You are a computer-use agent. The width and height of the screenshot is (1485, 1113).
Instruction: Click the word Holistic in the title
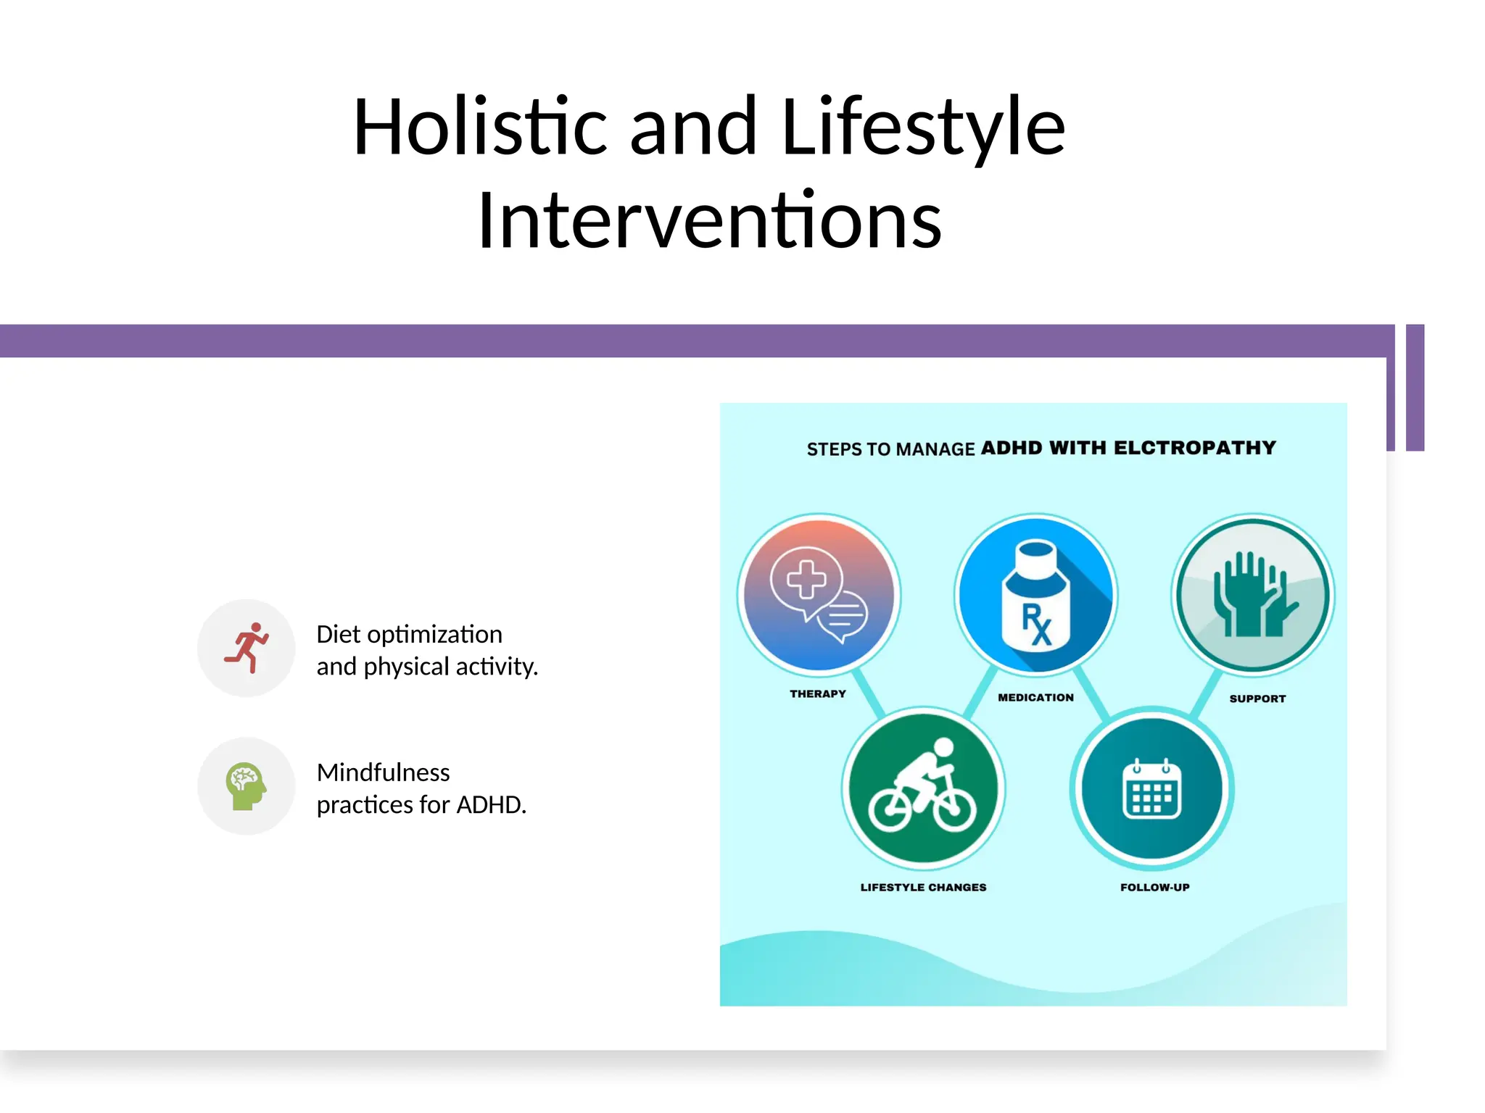(479, 128)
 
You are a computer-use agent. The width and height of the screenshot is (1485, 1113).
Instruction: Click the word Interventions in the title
(709, 220)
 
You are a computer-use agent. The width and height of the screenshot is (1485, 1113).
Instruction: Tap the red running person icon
(247, 648)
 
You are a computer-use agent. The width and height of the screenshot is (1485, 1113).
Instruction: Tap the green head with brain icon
(246, 786)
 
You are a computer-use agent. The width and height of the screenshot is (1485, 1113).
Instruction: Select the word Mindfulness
(383, 772)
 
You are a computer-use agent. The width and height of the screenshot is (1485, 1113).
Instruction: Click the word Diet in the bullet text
(338, 635)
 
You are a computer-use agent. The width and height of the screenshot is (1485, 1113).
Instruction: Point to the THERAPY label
(817, 693)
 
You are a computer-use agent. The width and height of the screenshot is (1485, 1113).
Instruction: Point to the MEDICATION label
(1035, 697)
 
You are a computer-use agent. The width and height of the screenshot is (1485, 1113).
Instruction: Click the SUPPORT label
(1257, 699)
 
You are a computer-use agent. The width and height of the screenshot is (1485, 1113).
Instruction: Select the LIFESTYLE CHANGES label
(922, 887)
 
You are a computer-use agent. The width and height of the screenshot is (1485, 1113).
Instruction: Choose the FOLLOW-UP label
(1154, 887)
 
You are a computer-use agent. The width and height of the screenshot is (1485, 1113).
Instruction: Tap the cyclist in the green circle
(922, 787)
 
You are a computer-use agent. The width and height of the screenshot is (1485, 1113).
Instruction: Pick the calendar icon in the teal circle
(1151, 790)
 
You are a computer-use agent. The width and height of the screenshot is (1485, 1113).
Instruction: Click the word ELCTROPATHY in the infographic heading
(1194, 448)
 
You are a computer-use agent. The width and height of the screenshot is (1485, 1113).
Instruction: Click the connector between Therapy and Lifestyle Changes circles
(868, 693)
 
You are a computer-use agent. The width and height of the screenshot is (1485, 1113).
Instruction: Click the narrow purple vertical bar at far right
(1415, 388)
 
